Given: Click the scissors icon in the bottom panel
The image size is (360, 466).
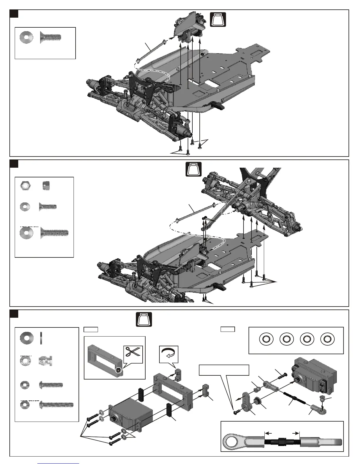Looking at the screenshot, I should [133, 354].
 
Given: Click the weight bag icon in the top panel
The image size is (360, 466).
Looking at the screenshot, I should [218, 19].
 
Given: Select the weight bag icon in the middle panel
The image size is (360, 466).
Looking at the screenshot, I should [194, 169].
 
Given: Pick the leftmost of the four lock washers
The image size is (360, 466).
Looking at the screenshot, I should [266, 339].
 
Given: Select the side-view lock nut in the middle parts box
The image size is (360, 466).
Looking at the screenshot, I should [46, 186].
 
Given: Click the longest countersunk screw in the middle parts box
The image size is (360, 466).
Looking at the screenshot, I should [54, 233].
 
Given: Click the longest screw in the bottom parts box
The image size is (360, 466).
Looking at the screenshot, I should [56, 405].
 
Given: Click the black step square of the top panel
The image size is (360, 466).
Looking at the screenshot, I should [14, 14].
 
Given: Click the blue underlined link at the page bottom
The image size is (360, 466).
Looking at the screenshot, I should [58, 464].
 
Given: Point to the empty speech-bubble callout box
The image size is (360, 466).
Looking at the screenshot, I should [224, 370].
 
